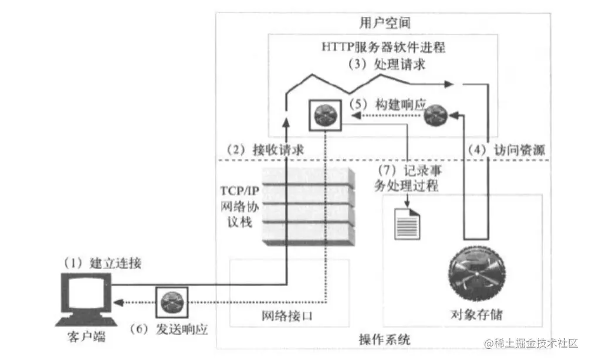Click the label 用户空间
click(x=385, y=23)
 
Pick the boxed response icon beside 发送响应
click(x=171, y=302)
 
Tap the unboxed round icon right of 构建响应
click(x=437, y=116)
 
